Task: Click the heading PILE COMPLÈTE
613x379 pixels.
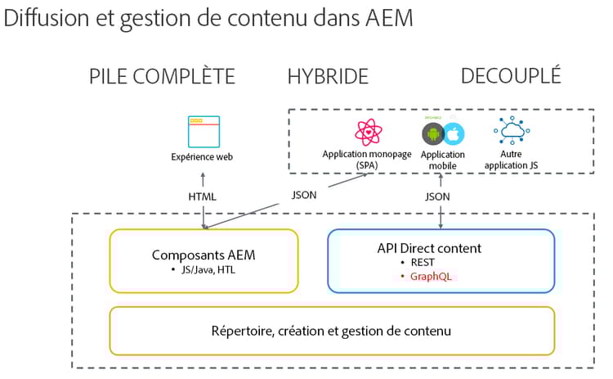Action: click(x=162, y=77)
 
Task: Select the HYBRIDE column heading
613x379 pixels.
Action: click(x=328, y=77)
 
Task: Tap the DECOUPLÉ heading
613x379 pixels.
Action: click(x=511, y=76)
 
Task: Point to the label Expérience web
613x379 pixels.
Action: click(x=202, y=157)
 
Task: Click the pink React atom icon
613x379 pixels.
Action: click(x=366, y=133)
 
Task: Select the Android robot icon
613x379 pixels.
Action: click(x=432, y=133)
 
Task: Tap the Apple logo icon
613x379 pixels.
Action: click(x=454, y=133)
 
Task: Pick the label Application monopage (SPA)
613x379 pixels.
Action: click(x=367, y=159)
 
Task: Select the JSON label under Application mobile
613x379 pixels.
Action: click(x=437, y=196)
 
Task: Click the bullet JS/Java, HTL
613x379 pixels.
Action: click(x=206, y=269)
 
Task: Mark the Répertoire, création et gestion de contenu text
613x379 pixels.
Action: click(x=332, y=331)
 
